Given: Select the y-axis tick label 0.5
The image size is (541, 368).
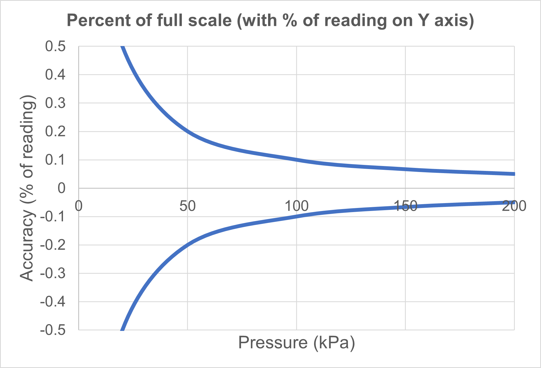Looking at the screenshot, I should click(x=55, y=46).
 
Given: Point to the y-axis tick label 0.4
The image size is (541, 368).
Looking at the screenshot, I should click(x=55, y=75).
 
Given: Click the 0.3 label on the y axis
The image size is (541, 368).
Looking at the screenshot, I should click(x=55, y=103).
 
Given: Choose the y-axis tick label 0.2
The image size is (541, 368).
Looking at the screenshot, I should click(x=55, y=132).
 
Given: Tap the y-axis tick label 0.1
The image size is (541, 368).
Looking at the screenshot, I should click(x=55, y=160).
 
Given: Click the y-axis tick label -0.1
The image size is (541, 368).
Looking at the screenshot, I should click(x=53, y=217).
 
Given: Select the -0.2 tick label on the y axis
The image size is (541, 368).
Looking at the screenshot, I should click(x=53, y=245).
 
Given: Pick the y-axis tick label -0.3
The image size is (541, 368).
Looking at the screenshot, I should click(x=53, y=273).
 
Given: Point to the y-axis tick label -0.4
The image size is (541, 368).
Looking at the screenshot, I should click(x=53, y=302).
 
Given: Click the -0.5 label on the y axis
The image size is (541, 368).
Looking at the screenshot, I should click(x=53, y=330).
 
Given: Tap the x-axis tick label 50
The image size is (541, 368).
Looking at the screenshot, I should click(x=188, y=206).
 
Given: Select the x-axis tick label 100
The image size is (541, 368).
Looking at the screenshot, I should click(x=296, y=206).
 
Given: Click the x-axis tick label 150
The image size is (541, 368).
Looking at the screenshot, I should click(x=405, y=206).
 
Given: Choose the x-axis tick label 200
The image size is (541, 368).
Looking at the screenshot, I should click(x=514, y=206).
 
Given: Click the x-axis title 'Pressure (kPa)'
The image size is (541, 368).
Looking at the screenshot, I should click(x=296, y=343).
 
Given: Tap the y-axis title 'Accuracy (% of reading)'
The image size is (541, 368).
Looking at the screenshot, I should click(x=28, y=188).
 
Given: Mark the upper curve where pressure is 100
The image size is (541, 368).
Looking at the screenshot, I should click(x=296, y=160).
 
